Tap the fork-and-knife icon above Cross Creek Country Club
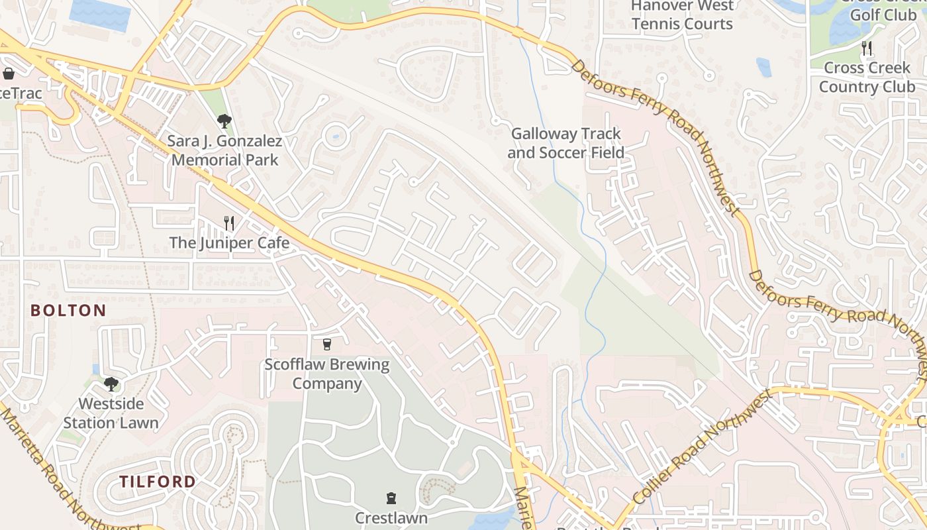pyautogui.click(x=866, y=48)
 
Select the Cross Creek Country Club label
pyautogui.click(x=867, y=78)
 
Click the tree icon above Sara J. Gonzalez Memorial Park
pyautogui.click(x=224, y=121)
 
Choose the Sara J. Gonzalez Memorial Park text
pyautogui.click(x=224, y=150)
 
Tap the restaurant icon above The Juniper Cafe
pyautogui.click(x=229, y=223)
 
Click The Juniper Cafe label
pyautogui.click(x=229, y=243)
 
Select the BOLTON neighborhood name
pyautogui.click(x=68, y=310)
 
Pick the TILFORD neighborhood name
pyautogui.click(x=158, y=482)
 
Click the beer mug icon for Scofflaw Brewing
pyautogui.click(x=326, y=344)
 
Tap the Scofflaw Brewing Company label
pyautogui.click(x=327, y=374)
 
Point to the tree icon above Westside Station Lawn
pyautogui.click(x=111, y=384)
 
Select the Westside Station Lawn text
pyautogui.click(x=111, y=413)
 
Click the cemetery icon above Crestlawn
pyautogui.click(x=391, y=498)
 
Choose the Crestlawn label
pyautogui.click(x=391, y=517)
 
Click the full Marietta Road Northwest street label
pyautogui.click(x=66, y=469)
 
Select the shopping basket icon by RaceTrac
pyautogui.click(x=9, y=74)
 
